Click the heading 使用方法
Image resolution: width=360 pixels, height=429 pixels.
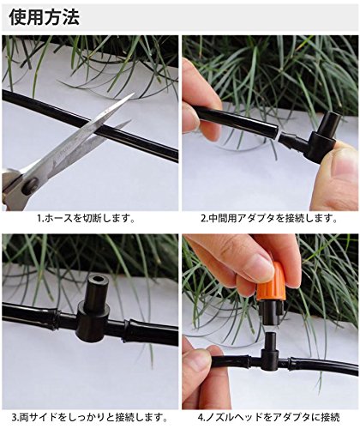click(x=45, y=17)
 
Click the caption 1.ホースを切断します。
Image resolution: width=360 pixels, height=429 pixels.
click(x=86, y=219)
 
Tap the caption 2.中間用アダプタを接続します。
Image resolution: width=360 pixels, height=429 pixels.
click(x=269, y=219)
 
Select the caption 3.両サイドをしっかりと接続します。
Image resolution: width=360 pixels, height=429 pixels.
click(x=89, y=417)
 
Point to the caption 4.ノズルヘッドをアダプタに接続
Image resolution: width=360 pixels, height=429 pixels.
click(x=268, y=417)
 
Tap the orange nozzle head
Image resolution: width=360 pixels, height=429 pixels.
click(x=272, y=285)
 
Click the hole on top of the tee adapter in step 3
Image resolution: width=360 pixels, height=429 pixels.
click(x=98, y=279)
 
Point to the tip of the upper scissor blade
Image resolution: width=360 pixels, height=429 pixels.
click(x=134, y=94)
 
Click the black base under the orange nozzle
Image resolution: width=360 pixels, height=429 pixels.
click(x=273, y=314)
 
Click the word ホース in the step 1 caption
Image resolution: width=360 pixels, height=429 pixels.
click(x=58, y=219)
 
